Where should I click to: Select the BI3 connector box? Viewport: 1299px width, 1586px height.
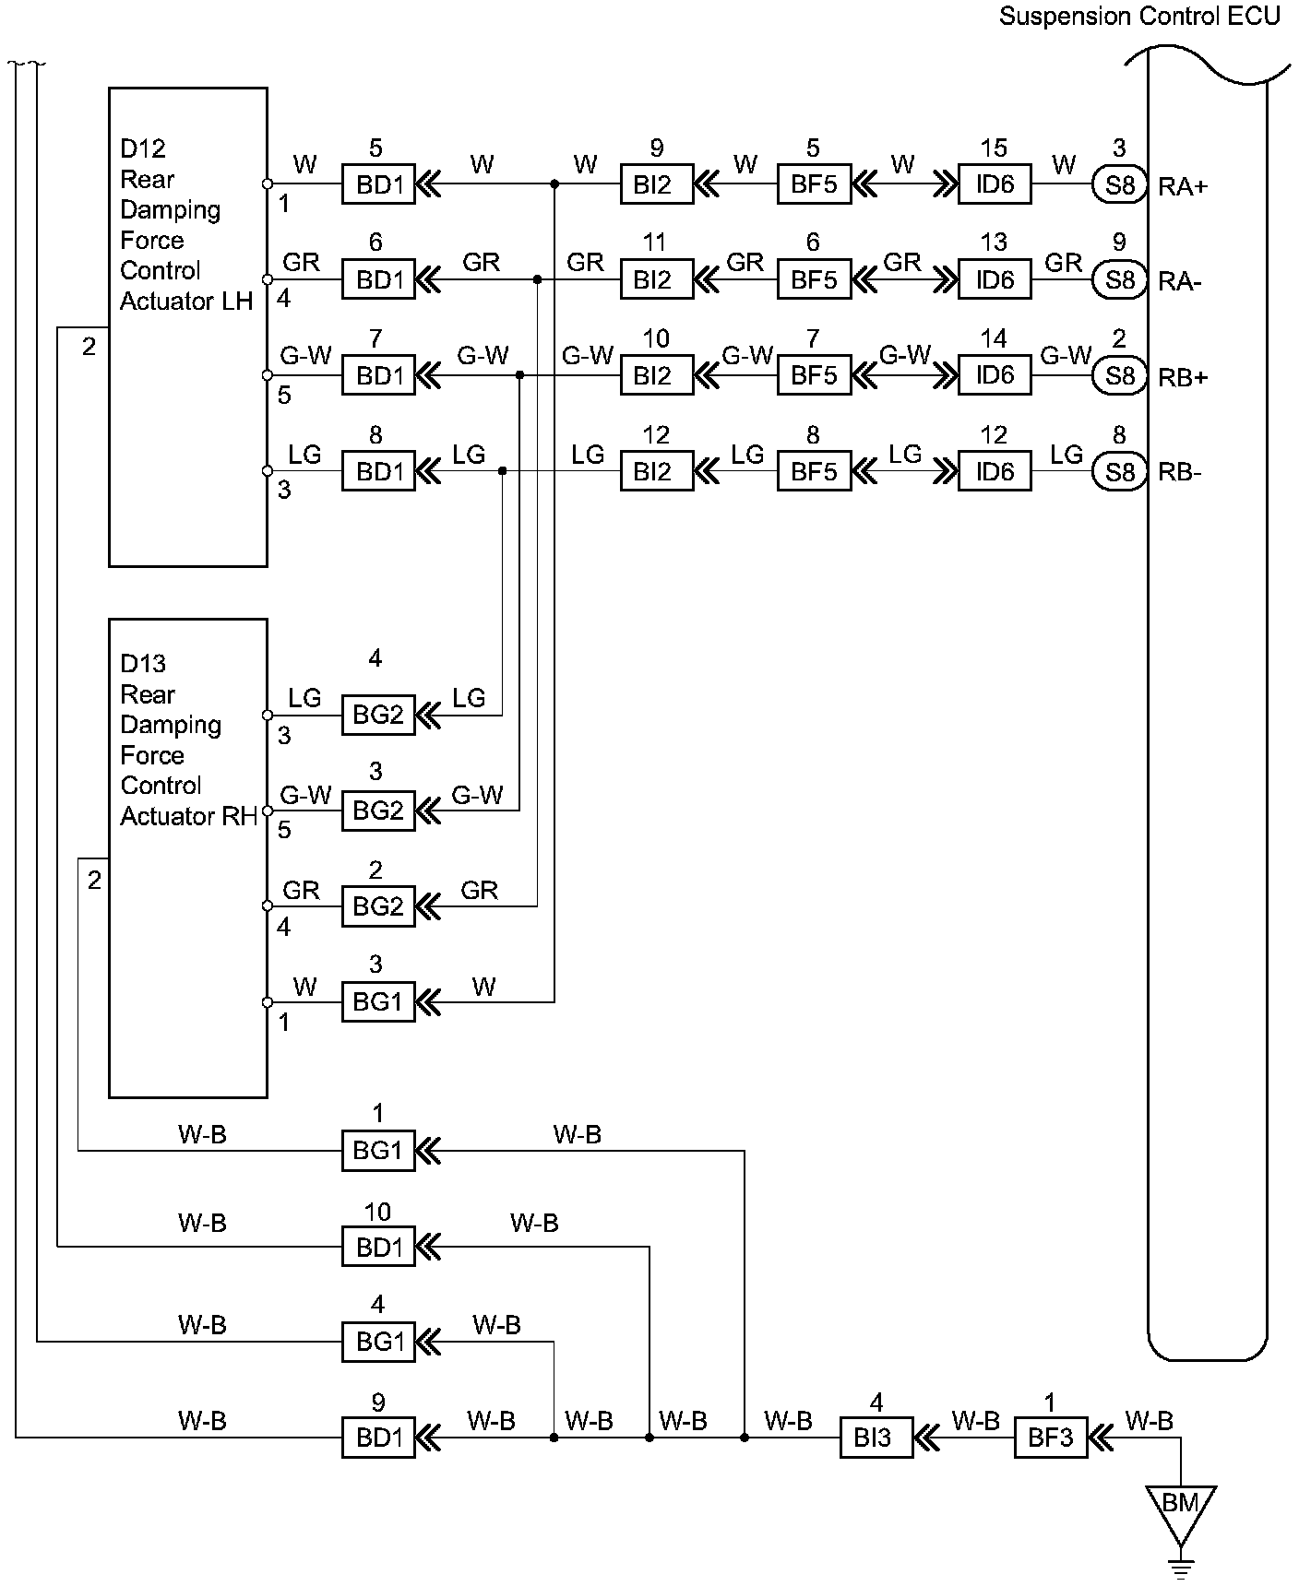[876, 1438]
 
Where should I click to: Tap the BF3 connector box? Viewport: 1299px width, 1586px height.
[1050, 1438]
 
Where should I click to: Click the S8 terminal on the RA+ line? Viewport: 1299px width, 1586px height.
[1119, 184]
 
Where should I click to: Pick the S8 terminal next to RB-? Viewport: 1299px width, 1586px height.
[1119, 472]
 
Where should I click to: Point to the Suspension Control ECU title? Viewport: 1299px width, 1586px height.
[1139, 17]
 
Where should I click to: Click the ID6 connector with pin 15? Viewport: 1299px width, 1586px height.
[995, 184]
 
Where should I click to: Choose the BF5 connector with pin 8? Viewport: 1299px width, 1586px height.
[814, 472]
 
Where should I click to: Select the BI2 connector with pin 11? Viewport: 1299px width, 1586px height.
[656, 279]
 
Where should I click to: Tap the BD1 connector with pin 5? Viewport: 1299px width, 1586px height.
[378, 184]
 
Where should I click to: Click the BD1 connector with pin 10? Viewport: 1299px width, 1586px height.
[378, 1248]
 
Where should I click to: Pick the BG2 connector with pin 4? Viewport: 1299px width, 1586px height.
[378, 715]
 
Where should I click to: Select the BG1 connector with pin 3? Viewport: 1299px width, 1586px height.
[378, 1001]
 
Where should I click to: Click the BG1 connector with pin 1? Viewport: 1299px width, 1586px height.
[378, 1151]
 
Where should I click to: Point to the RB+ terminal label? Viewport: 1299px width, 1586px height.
[1183, 377]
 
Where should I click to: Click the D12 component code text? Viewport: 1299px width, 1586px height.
[143, 148]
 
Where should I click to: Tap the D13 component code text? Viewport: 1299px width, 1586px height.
[143, 663]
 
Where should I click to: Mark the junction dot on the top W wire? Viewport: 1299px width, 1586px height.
[554, 184]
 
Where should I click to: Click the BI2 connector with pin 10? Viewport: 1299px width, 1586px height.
[656, 376]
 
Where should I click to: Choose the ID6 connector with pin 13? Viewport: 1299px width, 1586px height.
[995, 279]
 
